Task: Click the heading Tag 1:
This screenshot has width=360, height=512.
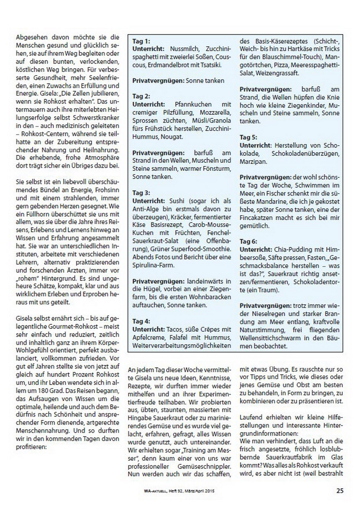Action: (x=141, y=41)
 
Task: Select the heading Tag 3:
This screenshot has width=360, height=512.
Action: (x=141, y=193)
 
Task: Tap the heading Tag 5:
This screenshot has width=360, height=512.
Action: (x=248, y=137)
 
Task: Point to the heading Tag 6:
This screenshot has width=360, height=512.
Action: (x=248, y=241)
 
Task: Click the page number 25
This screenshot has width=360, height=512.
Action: (x=340, y=491)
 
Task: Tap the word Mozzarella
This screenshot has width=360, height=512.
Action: (x=215, y=112)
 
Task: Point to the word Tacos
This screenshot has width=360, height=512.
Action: (x=175, y=329)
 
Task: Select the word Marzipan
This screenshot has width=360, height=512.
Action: (x=253, y=161)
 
